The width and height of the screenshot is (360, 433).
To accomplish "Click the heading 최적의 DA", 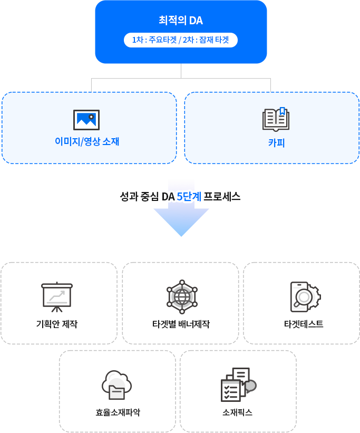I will (x=181, y=21).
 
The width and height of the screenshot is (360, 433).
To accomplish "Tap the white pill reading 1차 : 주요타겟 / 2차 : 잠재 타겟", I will (x=181, y=40).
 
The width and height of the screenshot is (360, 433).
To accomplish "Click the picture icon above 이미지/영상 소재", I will (x=86, y=120).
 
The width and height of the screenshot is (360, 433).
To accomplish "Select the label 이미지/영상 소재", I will (x=87, y=142).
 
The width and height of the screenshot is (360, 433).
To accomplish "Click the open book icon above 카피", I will (x=276, y=120).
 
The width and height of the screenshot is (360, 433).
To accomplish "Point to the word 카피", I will (x=276, y=142).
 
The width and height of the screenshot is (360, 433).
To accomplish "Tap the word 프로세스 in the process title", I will (x=222, y=197).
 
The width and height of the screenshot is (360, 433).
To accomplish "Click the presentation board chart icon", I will (x=57, y=297).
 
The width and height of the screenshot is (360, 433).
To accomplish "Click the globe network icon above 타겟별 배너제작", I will (x=181, y=296).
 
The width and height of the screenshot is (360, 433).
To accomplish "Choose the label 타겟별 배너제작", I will (x=181, y=324).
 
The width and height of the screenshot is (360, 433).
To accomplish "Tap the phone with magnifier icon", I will (x=301, y=296).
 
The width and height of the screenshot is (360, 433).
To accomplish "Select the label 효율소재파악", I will (x=118, y=412).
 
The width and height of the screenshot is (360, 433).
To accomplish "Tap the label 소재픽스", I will (x=238, y=412).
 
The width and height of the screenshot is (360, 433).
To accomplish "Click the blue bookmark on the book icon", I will (x=283, y=111).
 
